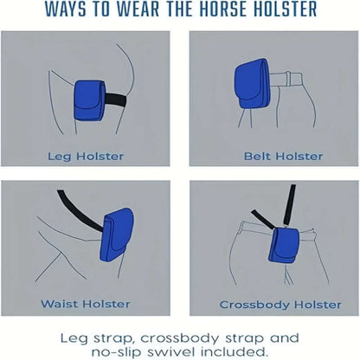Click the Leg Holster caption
[86, 157]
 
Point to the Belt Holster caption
[273, 157]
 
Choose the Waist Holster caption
[85, 304]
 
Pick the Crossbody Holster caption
[273, 304]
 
